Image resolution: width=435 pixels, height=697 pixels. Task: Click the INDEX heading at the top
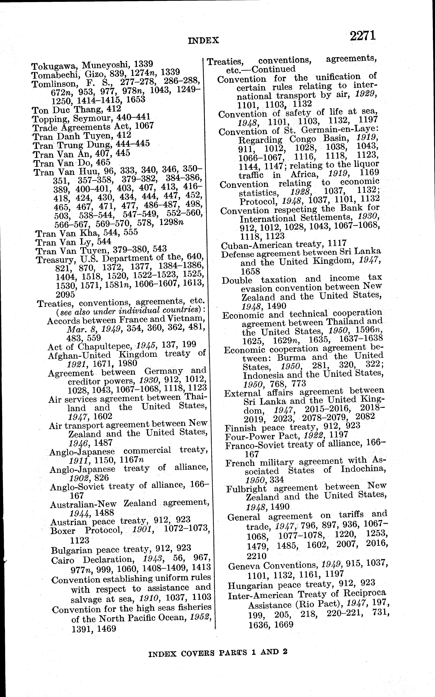(203, 41)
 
